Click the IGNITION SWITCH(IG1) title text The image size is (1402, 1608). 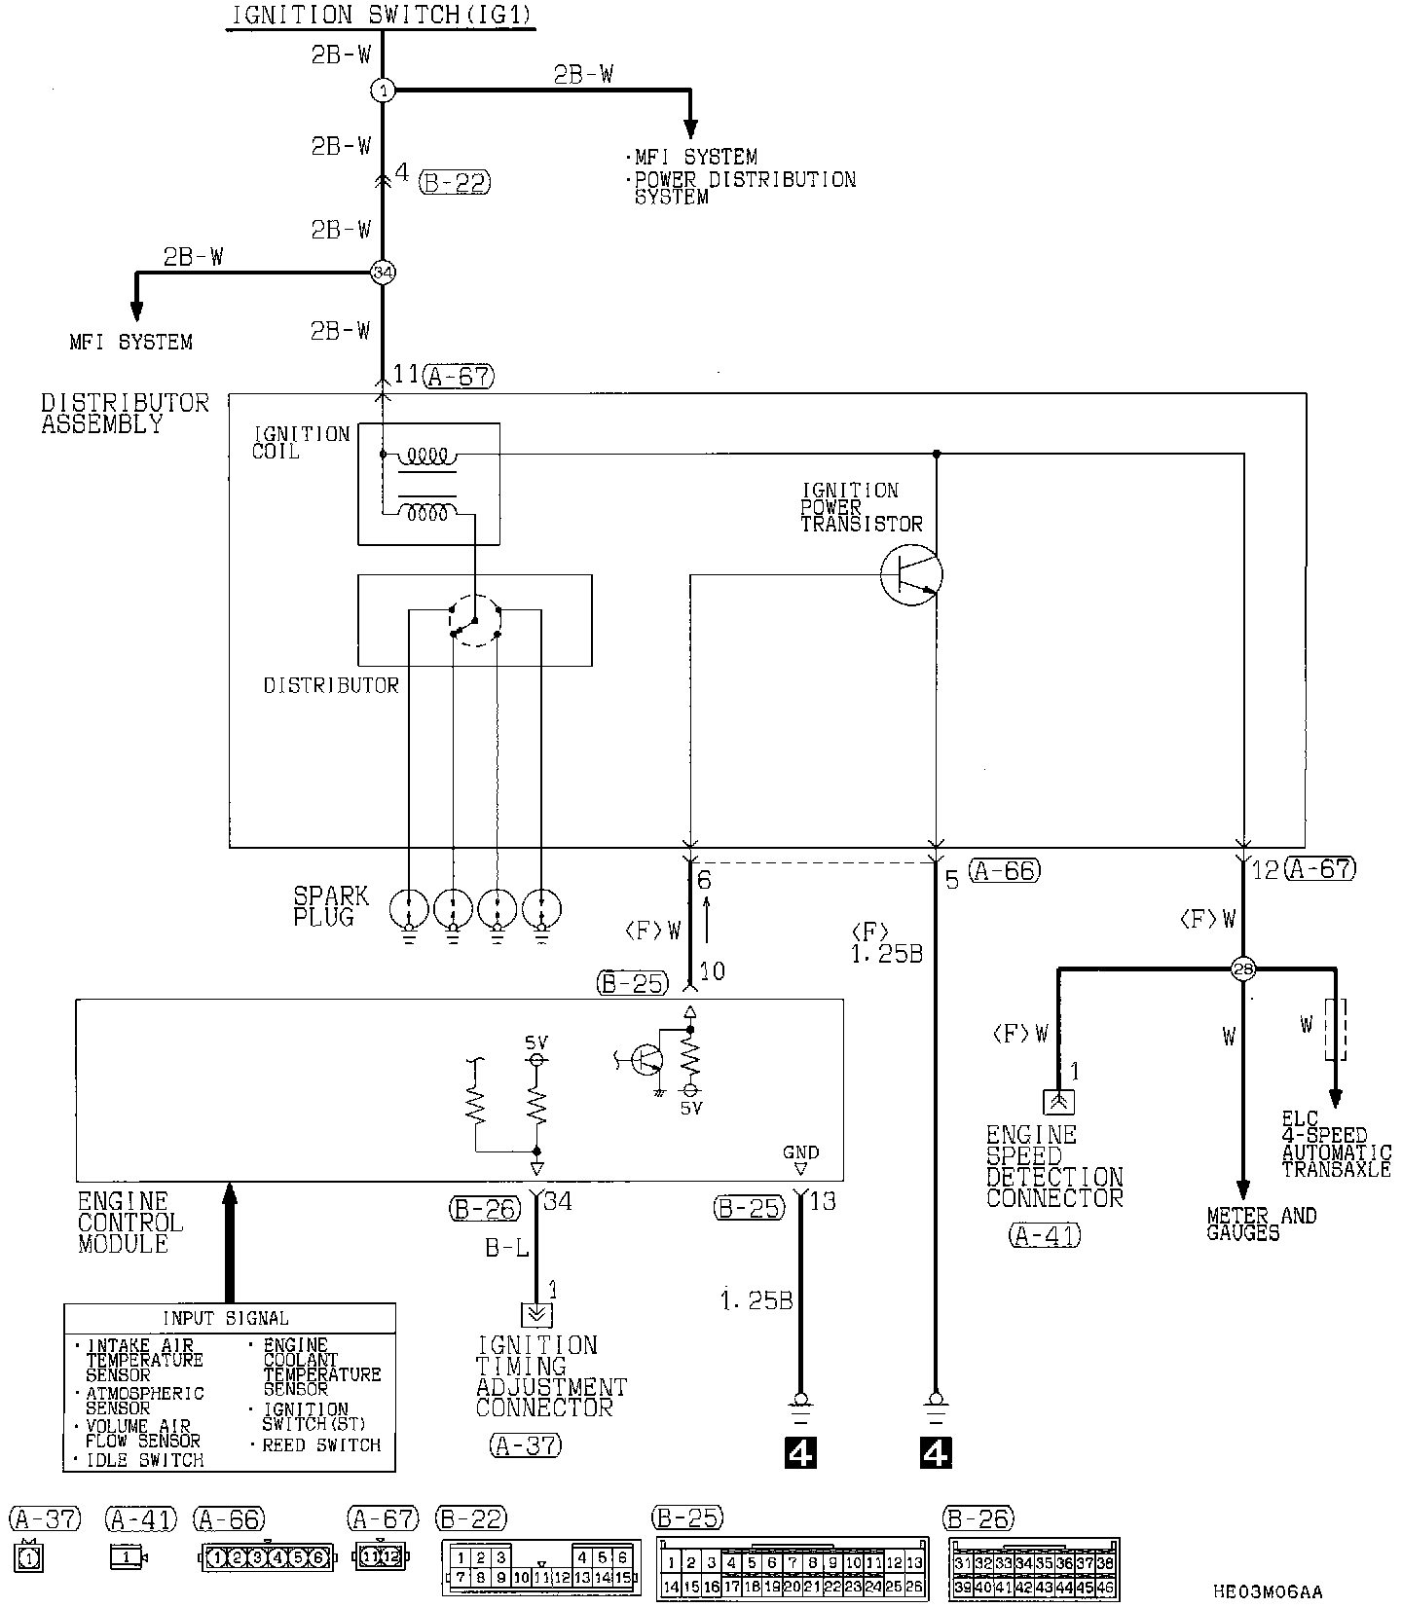tap(382, 15)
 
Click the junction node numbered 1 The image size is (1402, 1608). tap(383, 91)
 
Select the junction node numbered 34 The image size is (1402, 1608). tap(383, 274)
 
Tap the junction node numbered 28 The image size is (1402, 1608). tap(1243, 968)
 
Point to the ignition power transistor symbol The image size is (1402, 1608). tap(911, 575)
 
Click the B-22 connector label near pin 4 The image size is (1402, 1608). tap(455, 182)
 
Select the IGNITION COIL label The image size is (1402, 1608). tap(300, 442)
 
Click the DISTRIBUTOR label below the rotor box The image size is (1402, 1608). tap(331, 686)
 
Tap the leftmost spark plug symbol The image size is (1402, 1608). tap(409, 911)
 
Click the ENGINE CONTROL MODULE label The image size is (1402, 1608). tap(129, 1223)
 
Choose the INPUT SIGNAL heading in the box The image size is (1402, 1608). tap(225, 1319)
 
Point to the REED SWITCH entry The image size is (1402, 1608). tap(321, 1445)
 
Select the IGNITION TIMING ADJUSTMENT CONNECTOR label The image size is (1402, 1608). tap(551, 1376)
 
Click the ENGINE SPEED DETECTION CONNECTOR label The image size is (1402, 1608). tap(1054, 1166)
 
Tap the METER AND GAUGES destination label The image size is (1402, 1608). tap(1261, 1224)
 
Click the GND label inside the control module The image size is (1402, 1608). tap(800, 1152)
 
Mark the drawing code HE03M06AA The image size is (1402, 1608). tap(1268, 1592)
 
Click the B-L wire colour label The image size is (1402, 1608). tap(507, 1249)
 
